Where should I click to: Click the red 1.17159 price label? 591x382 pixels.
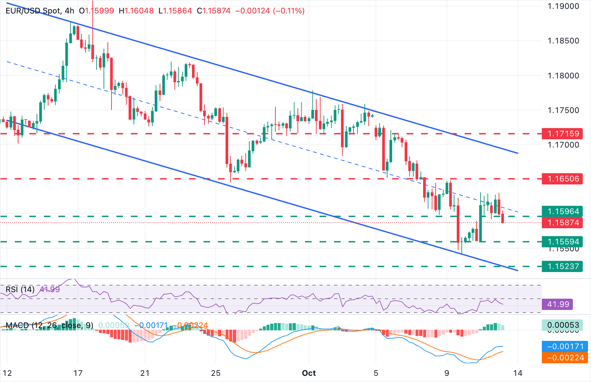(x=563, y=134)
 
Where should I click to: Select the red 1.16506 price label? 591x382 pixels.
(x=563, y=179)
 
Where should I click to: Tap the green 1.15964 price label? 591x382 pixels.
(x=563, y=211)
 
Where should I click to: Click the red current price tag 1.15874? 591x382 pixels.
(x=563, y=223)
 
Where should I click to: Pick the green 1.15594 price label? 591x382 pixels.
(x=563, y=242)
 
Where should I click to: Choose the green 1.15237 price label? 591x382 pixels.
(x=563, y=266)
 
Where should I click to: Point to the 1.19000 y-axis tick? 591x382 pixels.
(x=563, y=6)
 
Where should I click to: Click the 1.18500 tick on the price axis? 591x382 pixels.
(x=563, y=41)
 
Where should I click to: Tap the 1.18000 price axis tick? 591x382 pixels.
(x=563, y=76)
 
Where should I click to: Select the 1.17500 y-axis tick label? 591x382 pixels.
(x=563, y=110)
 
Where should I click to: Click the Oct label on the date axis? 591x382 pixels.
(x=309, y=373)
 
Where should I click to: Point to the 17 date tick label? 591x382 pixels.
(x=78, y=373)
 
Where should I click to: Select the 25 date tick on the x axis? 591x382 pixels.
(x=216, y=373)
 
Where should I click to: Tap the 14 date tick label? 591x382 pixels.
(x=518, y=373)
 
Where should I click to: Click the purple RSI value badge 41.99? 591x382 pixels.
(x=558, y=304)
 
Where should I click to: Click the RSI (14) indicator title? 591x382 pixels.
(x=20, y=289)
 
